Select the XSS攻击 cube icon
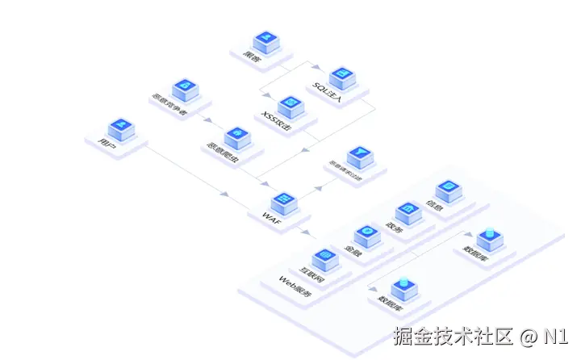[x=290, y=107]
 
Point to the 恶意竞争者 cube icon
[x=183, y=87]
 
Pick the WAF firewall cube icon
[x=285, y=200]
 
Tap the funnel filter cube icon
[x=357, y=155]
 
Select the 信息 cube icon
[x=448, y=190]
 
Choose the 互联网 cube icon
[x=324, y=257]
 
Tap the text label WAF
[x=270, y=216]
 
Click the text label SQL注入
[x=328, y=94]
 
